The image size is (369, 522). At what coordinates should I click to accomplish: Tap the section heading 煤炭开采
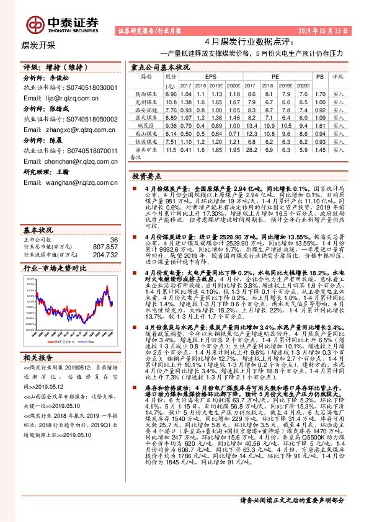[x=38, y=45]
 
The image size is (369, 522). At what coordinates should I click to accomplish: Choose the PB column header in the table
[x=320, y=77]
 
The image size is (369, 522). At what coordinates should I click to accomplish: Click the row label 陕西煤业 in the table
[x=146, y=93]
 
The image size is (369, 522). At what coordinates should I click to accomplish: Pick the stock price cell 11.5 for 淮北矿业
[x=172, y=149]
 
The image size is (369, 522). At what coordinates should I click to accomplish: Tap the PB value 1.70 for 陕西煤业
[x=320, y=93]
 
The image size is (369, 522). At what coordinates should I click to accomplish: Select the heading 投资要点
[x=147, y=176]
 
